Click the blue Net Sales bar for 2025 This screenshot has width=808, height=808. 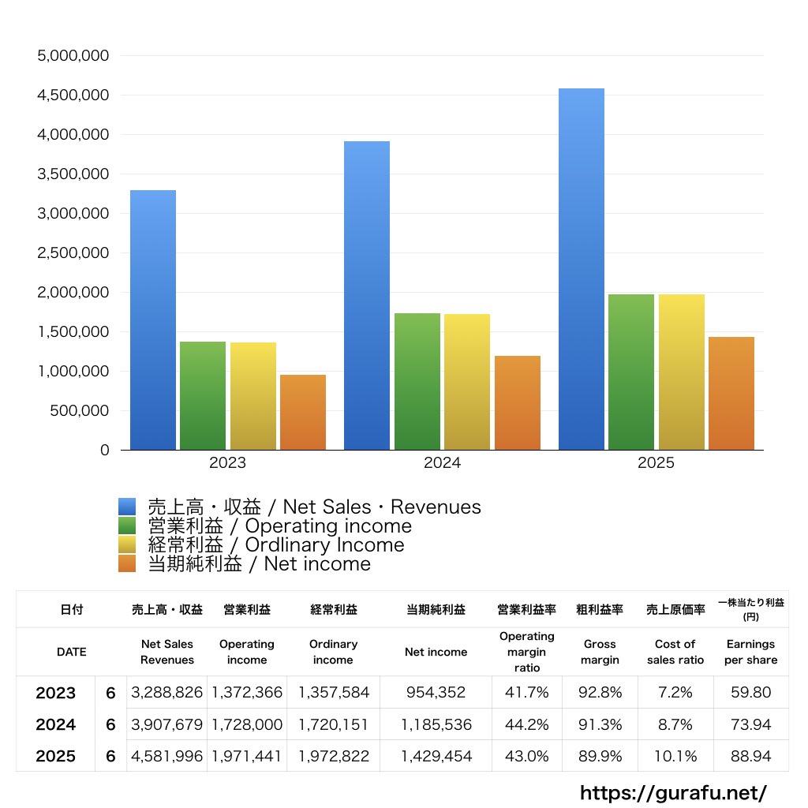click(582, 268)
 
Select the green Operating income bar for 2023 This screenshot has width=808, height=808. click(203, 395)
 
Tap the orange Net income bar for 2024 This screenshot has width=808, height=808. click(518, 402)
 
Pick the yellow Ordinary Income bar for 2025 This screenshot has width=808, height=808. click(682, 371)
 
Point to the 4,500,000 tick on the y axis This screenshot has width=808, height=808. click(73, 95)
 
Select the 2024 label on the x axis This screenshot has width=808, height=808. click(442, 463)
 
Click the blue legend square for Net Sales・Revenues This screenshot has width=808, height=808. click(127, 507)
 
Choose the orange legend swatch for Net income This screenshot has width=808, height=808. click(127, 563)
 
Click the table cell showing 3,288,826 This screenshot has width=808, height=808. click(167, 693)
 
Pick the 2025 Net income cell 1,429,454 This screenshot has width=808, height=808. click(436, 757)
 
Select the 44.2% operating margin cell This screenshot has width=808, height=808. click(526, 724)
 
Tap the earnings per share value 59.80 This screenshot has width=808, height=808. click(750, 693)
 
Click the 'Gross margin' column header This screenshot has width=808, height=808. click(600, 652)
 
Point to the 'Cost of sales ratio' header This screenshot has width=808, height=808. click(675, 652)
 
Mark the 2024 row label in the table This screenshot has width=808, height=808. click(56, 724)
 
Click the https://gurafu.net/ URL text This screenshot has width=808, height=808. click(673, 792)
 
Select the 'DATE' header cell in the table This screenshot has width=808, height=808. click(71, 652)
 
